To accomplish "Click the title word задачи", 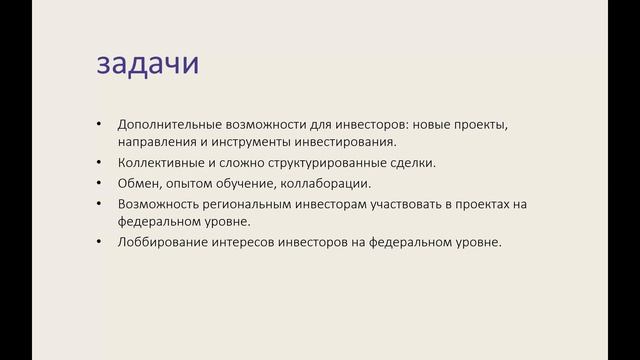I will point(148,64).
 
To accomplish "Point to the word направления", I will point(155,142).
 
